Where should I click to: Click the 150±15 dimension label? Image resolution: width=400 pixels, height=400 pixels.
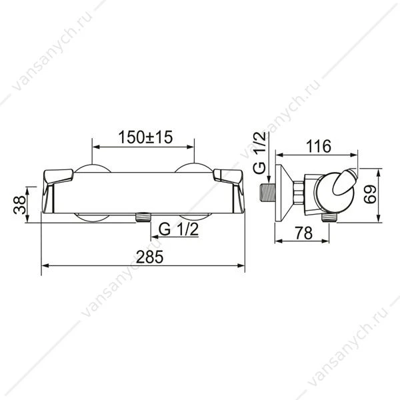coord(145,137)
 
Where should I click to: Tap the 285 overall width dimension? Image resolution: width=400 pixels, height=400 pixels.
coord(149,257)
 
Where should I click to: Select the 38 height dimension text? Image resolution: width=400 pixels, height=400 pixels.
coord(20,205)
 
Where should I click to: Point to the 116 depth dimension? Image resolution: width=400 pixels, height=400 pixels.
coord(319,147)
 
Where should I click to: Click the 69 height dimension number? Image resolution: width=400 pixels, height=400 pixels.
coord(370,194)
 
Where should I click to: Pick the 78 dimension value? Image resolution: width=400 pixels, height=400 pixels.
coord(303,233)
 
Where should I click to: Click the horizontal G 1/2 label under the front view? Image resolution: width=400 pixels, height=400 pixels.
coord(178,229)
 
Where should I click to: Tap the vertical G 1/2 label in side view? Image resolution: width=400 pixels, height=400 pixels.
coord(260,153)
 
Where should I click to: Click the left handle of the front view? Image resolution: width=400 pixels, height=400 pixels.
coord(57,191)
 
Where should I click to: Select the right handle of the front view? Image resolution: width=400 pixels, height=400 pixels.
coord(229,191)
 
